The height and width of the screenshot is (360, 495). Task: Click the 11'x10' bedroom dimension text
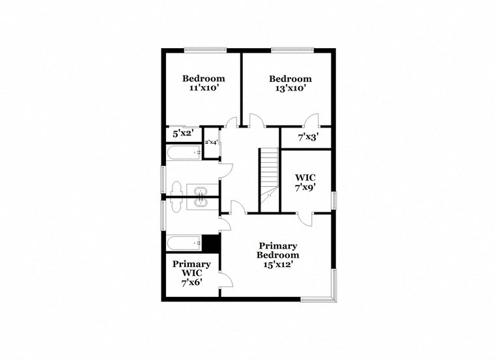(x=203, y=88)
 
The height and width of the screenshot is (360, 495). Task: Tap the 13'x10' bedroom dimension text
(x=290, y=88)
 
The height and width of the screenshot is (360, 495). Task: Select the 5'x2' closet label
(x=182, y=133)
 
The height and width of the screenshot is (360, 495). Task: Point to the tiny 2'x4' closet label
(x=211, y=142)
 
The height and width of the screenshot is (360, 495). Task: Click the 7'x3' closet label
(x=307, y=137)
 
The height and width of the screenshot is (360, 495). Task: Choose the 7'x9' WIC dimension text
(x=305, y=187)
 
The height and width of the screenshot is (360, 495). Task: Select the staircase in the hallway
(x=269, y=179)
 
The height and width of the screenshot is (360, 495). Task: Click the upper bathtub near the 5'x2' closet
(x=184, y=153)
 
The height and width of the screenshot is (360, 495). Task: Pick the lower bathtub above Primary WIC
(x=184, y=243)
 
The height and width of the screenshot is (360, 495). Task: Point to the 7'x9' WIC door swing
(x=304, y=219)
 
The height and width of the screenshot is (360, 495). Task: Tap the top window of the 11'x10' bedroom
(x=205, y=49)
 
